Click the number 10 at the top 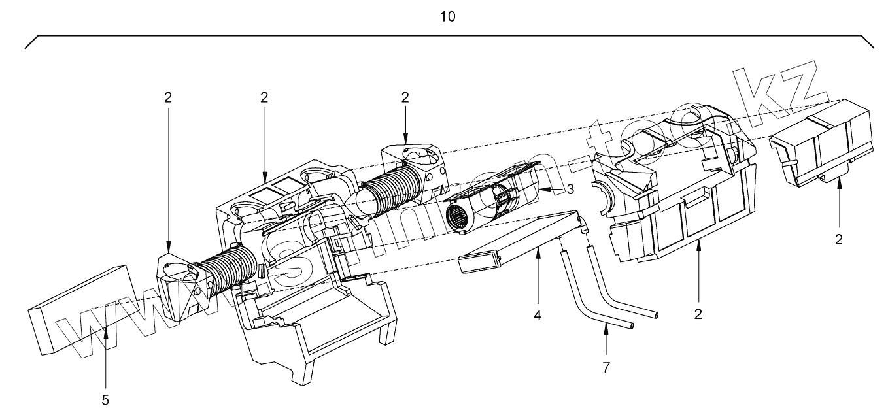point(448,16)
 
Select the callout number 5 point(105,400)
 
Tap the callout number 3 point(570,189)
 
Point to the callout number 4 point(538,315)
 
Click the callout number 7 point(606,367)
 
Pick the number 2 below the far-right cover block point(839,239)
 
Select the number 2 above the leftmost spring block point(168,97)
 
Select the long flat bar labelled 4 point(517,242)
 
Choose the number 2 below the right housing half point(698,314)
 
